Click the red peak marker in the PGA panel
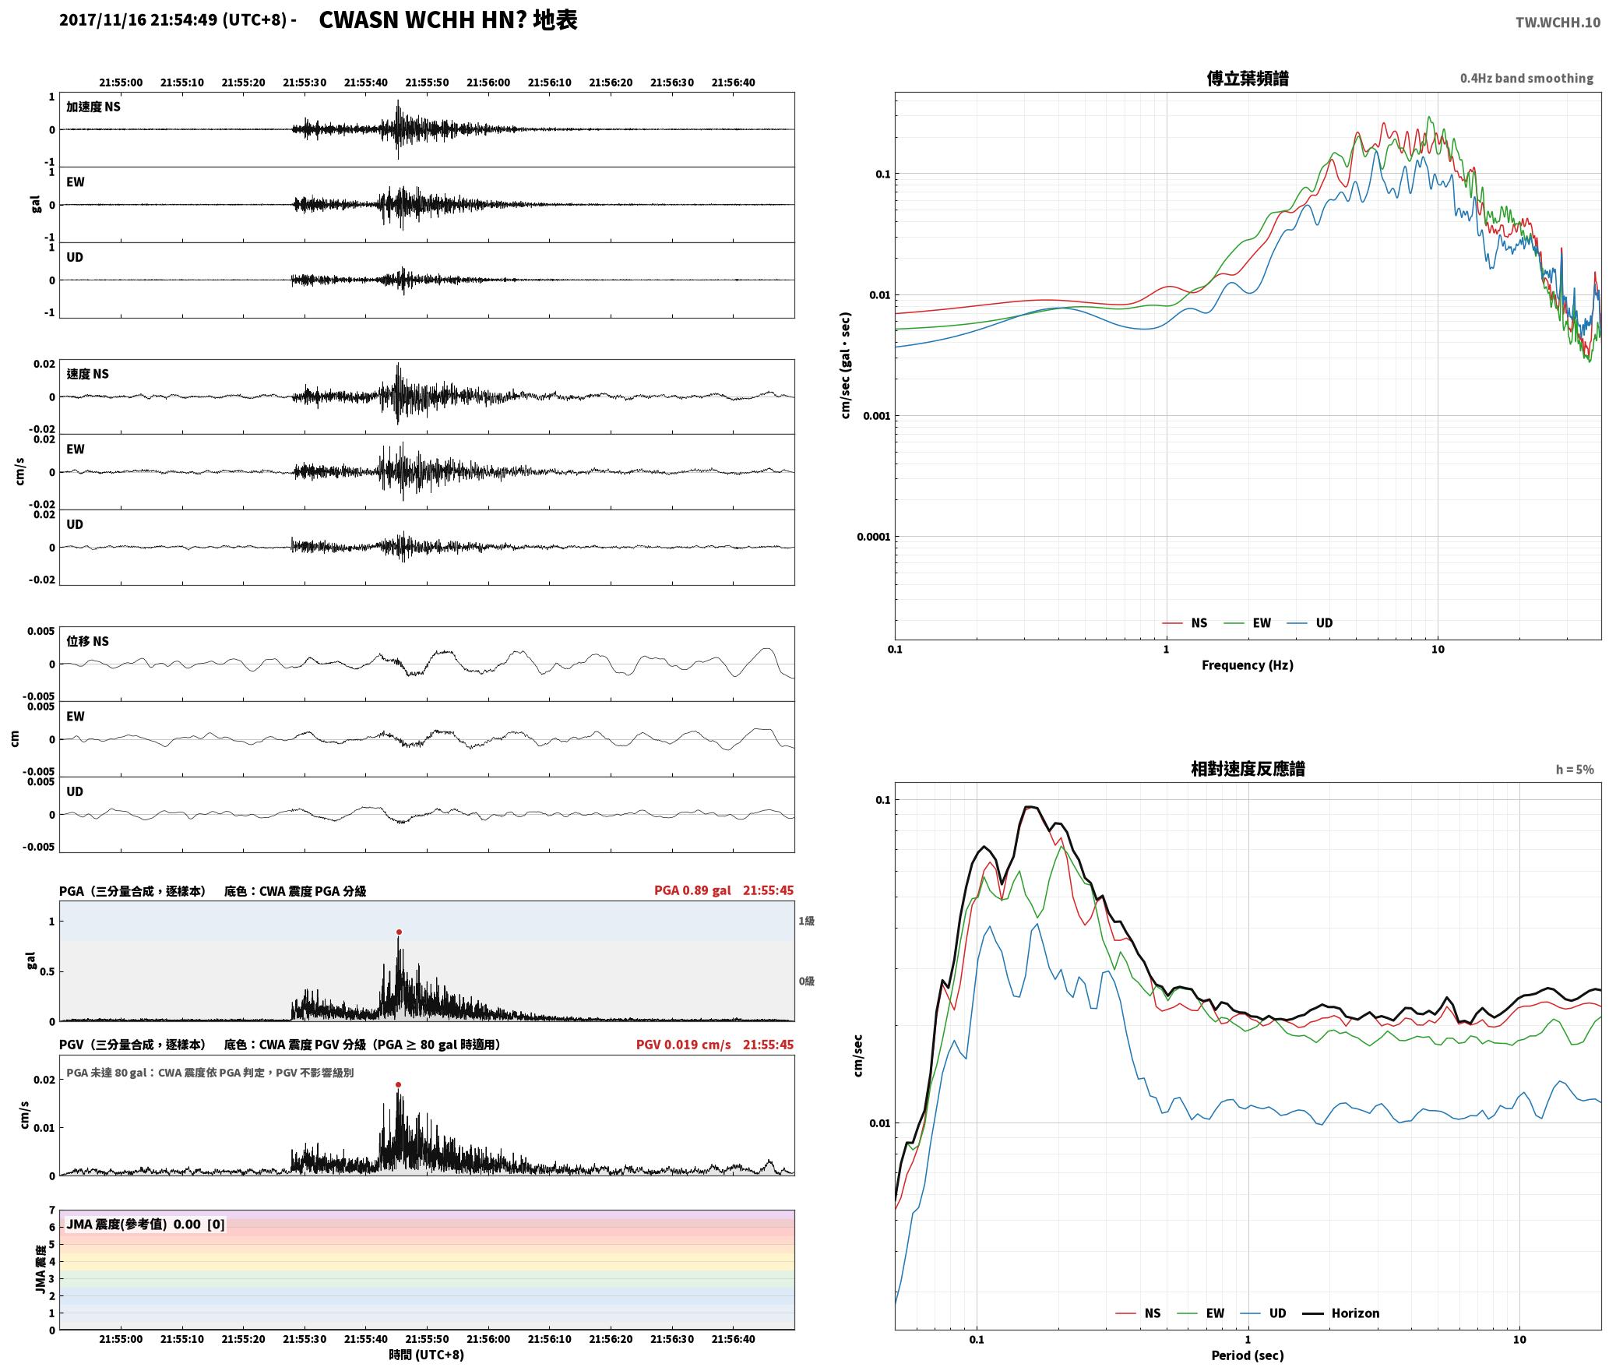(x=399, y=932)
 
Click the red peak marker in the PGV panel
(x=399, y=1084)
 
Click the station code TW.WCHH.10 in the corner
(x=1558, y=23)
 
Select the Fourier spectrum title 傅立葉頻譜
(x=1248, y=78)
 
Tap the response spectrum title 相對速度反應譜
(x=1248, y=769)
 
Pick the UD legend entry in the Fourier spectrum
(x=1310, y=622)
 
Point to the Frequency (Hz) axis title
(x=1248, y=664)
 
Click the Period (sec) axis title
(x=1248, y=1355)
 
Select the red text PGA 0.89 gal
(x=692, y=890)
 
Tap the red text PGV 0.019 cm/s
(x=683, y=1045)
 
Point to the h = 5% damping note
(x=1575, y=770)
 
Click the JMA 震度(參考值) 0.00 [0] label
(x=146, y=1224)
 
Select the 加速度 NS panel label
(x=93, y=107)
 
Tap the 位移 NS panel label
(x=87, y=641)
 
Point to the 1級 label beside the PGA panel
(x=806, y=921)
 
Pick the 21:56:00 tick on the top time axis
(x=488, y=83)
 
